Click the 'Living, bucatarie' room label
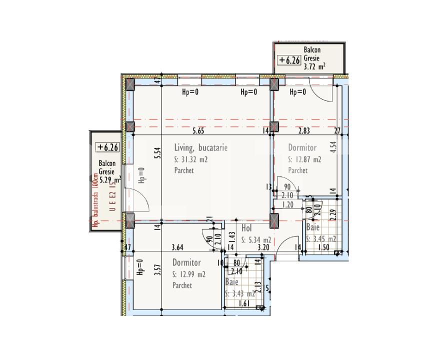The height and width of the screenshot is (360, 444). click(201, 148)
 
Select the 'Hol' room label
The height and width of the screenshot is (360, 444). click(246, 228)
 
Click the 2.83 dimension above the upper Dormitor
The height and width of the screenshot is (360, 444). click(304, 131)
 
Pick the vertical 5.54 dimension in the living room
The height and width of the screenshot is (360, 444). click(157, 152)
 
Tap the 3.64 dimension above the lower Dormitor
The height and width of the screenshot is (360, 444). click(177, 246)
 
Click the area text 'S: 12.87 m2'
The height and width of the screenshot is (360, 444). click(304, 160)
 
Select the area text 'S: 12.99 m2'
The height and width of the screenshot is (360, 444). click(189, 274)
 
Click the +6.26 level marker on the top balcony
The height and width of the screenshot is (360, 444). click(289, 60)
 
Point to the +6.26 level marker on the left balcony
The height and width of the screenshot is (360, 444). click(108, 147)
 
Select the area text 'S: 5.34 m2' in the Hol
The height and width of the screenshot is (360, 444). click(256, 239)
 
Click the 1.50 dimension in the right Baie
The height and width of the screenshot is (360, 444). click(323, 247)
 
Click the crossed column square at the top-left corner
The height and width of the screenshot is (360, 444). click(130, 84)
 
